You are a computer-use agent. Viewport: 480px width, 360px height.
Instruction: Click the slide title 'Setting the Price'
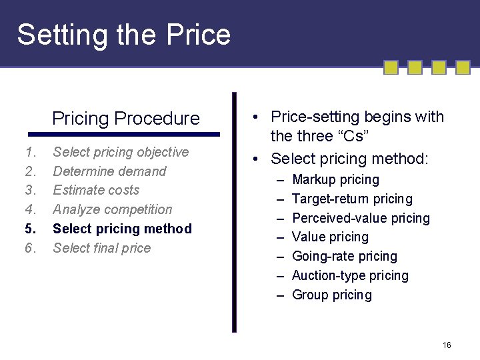click(123, 35)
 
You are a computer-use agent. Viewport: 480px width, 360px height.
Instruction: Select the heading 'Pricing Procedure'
click(126, 119)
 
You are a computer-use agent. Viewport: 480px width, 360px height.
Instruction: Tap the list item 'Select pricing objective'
click(121, 152)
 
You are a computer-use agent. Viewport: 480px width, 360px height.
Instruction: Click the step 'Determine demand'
click(109, 171)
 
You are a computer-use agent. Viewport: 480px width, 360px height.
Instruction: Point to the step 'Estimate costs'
click(96, 190)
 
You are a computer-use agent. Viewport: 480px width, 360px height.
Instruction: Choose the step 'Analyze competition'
click(112, 209)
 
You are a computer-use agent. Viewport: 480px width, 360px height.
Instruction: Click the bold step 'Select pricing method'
click(122, 229)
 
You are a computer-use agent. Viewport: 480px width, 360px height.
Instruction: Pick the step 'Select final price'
click(101, 248)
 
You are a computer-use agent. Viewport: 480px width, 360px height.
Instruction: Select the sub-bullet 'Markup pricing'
click(335, 179)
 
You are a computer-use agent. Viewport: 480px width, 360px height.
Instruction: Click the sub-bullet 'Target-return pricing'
click(352, 199)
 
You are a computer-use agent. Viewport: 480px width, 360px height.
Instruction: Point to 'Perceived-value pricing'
click(361, 218)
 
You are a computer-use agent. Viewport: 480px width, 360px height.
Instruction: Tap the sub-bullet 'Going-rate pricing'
click(344, 256)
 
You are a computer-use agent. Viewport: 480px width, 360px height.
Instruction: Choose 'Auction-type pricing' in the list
click(350, 275)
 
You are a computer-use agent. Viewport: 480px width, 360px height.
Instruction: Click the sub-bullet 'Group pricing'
click(332, 295)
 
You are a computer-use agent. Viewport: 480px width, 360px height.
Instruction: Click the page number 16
click(447, 345)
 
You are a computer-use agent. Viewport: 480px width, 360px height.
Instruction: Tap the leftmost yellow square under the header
click(391, 67)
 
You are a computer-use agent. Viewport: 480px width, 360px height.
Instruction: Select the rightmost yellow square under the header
click(463, 67)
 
